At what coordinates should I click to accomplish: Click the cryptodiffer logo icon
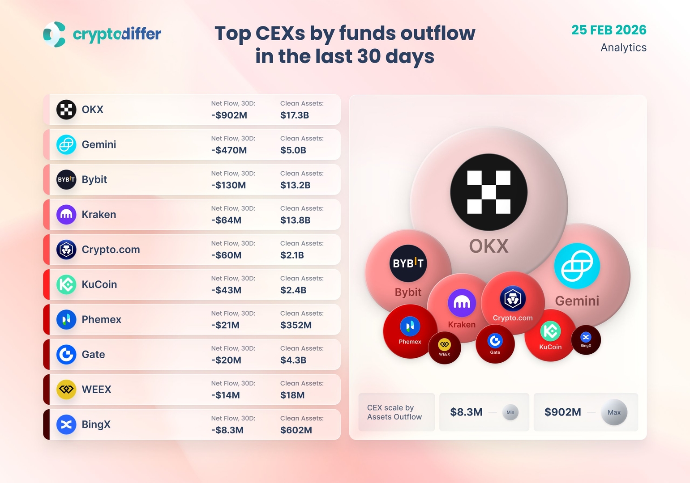click(55, 34)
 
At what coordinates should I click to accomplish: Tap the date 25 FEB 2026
click(609, 30)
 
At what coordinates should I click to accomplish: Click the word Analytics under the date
click(623, 47)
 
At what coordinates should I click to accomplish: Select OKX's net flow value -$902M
click(229, 115)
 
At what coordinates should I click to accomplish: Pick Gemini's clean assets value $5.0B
click(293, 150)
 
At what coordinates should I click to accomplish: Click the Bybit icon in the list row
click(66, 180)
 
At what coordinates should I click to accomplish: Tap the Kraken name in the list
click(99, 215)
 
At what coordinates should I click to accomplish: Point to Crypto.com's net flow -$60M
click(227, 255)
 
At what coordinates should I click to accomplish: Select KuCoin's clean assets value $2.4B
click(293, 290)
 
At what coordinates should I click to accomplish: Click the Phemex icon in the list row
click(66, 320)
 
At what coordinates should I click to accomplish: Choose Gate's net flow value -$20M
click(227, 360)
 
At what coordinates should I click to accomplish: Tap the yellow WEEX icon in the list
click(66, 390)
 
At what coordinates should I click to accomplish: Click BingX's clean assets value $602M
click(296, 430)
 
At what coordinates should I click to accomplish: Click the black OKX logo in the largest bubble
click(489, 192)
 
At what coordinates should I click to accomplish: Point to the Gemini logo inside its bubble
click(577, 266)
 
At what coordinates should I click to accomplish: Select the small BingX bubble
click(586, 340)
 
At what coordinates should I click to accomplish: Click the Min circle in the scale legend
click(510, 412)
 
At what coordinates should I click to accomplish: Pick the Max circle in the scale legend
click(614, 412)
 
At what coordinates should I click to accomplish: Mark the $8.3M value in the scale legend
click(466, 412)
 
